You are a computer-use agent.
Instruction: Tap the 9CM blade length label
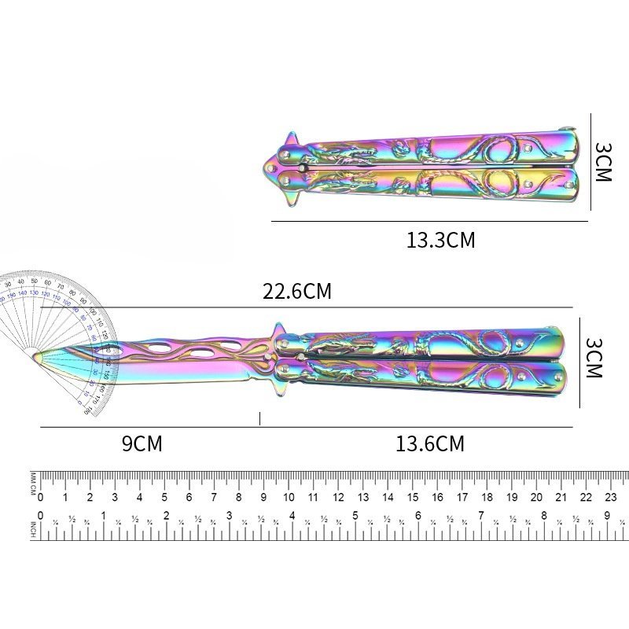pos(142,444)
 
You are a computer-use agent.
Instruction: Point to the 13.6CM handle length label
pos(430,444)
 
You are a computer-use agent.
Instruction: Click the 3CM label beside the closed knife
pos(601,163)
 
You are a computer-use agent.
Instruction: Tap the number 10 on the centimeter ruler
pos(289,497)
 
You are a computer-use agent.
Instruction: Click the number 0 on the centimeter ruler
pos(41,497)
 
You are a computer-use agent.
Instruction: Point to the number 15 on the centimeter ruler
pos(413,497)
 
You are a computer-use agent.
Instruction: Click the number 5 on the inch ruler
pos(355,516)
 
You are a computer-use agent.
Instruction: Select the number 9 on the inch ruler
pos(606,516)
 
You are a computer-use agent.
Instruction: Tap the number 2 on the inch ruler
pos(166,516)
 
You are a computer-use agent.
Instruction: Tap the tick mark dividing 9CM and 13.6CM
pos(259,419)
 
